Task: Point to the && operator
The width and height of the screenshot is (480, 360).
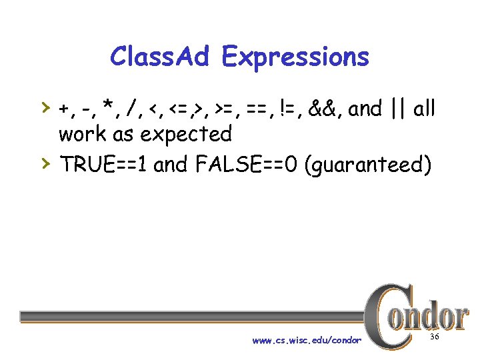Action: pos(327,109)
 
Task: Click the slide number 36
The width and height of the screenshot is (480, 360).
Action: pos(435,338)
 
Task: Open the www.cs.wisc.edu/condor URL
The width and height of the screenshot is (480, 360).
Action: pos(307,341)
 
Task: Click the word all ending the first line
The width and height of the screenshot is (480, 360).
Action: pos(424,109)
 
